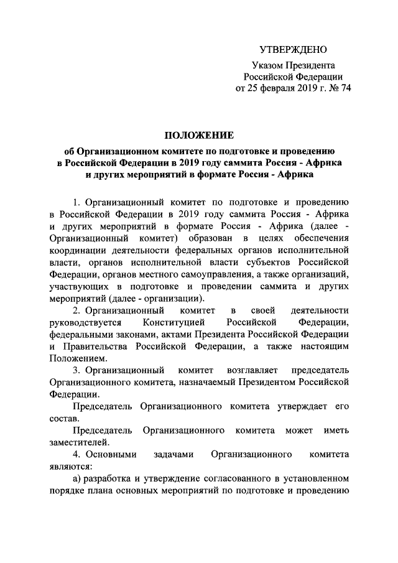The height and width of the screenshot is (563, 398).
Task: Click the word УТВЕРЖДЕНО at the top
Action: point(292,50)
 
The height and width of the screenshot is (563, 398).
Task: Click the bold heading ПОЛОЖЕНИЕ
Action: point(198,136)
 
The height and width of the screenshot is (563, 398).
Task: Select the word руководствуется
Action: point(83,322)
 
